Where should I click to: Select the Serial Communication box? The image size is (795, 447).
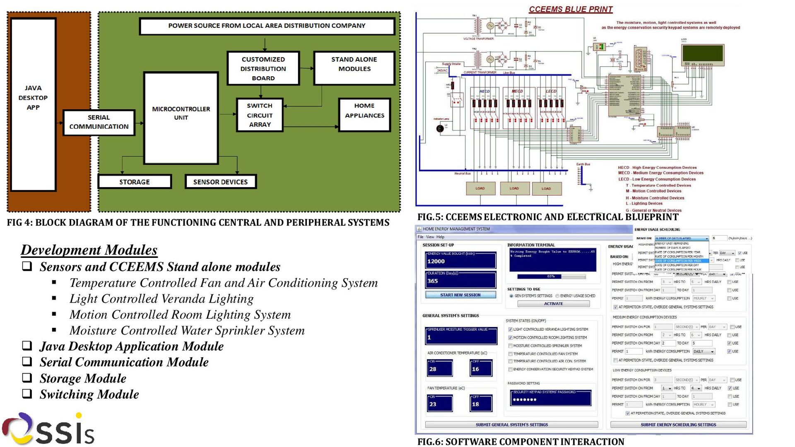pyautogui.click(x=99, y=122)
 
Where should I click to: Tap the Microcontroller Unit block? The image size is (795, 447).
pyautogui.click(x=181, y=118)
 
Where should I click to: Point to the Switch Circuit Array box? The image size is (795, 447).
pyautogui.click(x=260, y=115)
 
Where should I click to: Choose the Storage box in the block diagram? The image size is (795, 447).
pyautogui.click(x=135, y=182)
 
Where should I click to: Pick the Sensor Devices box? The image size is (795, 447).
pyautogui.click(x=220, y=182)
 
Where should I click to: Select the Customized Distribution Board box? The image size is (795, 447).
pyautogui.click(x=263, y=68)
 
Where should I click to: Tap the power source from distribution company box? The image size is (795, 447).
pyautogui.click(x=267, y=26)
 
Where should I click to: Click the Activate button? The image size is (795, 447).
pyautogui.click(x=553, y=304)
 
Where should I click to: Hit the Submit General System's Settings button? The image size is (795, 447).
pyautogui.click(x=511, y=425)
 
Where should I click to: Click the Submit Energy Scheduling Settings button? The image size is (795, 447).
pyautogui.click(x=678, y=425)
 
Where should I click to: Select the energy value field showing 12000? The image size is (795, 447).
pyautogui.click(x=460, y=261)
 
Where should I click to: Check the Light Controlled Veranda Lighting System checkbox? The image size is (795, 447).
pyautogui.click(x=511, y=329)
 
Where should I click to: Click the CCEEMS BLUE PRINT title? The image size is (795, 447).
pyautogui.click(x=571, y=9)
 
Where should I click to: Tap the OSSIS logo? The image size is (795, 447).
pyautogui.click(x=48, y=429)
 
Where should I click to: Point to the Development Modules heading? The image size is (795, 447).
pyautogui.click(x=89, y=250)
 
